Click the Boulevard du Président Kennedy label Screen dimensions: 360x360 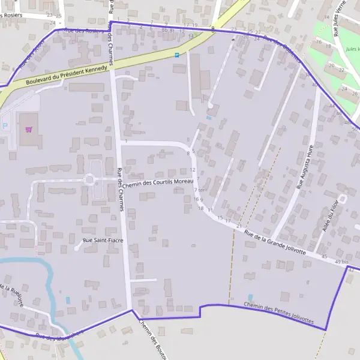[67, 75]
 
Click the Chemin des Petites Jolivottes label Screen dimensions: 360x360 [279, 314]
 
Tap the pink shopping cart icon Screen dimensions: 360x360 [28, 129]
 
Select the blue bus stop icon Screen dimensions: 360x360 [177, 55]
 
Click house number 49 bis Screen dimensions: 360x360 [341, 262]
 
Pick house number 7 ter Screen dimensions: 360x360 [200, 190]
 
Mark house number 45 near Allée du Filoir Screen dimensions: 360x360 [324, 256]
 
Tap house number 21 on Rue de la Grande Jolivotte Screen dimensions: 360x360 [238, 226]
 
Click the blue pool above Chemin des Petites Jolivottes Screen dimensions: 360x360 [250, 297]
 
